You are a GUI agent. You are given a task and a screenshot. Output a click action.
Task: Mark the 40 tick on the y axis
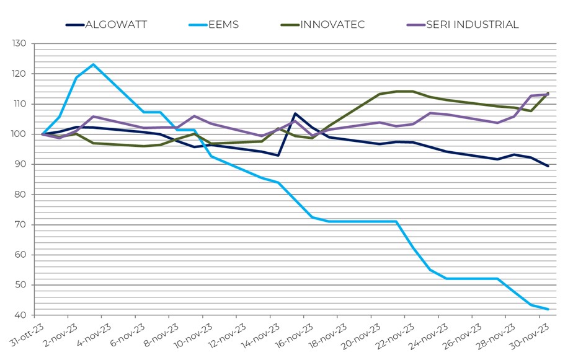(x=22, y=315)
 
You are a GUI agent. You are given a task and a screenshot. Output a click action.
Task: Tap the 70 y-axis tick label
(x=22, y=225)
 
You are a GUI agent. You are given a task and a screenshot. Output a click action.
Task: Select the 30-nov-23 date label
(x=532, y=336)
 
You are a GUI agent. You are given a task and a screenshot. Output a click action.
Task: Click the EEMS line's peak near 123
(x=93, y=64)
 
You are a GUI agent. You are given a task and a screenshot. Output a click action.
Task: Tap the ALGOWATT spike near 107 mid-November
(x=295, y=113)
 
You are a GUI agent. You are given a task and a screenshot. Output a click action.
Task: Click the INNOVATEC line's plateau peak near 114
(x=404, y=92)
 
